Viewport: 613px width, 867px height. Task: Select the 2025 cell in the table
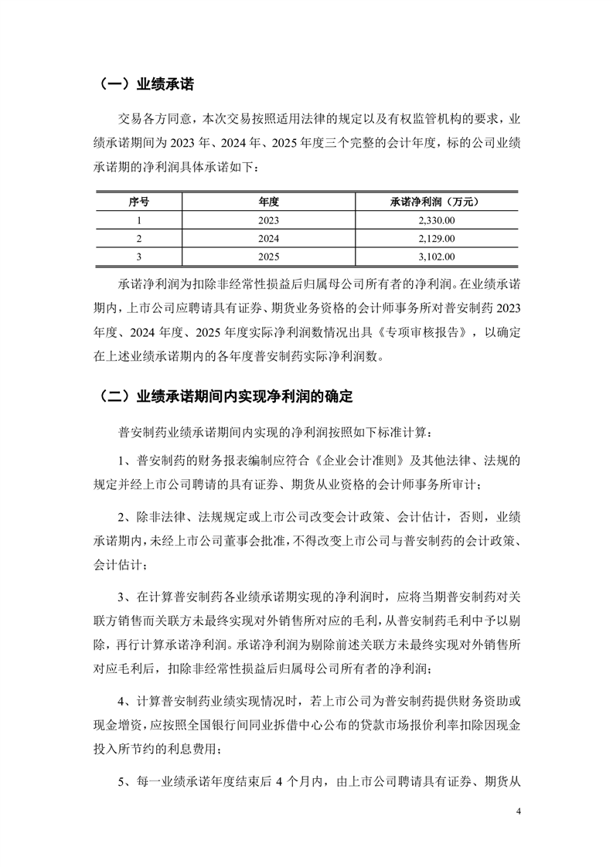(x=268, y=257)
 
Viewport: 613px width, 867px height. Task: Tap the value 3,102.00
(x=435, y=257)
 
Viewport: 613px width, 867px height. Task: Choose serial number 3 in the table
(x=138, y=257)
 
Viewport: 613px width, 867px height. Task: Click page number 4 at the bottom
(x=519, y=812)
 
